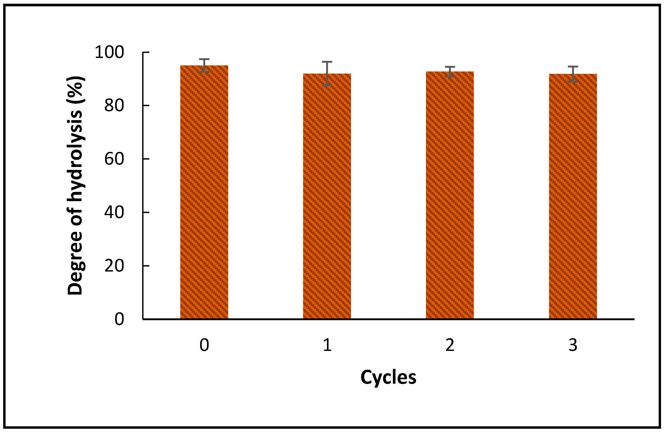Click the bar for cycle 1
(x=327, y=196)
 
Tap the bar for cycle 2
(x=450, y=196)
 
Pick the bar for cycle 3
(x=573, y=196)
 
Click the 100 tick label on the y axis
(x=109, y=52)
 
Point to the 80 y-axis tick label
(x=114, y=106)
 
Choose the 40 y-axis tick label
(x=114, y=213)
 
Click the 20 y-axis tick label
(x=114, y=266)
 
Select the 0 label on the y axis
(x=119, y=319)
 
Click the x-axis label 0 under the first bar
(x=204, y=345)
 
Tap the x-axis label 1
(x=327, y=345)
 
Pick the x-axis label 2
(x=450, y=345)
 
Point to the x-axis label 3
(x=573, y=345)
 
